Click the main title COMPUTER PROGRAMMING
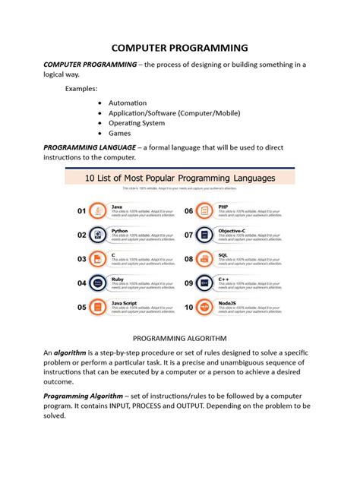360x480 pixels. [179, 48]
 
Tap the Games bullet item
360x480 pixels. [120, 133]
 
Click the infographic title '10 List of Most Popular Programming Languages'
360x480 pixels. [179, 178]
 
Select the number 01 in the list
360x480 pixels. [81, 211]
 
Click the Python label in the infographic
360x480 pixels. [120, 230]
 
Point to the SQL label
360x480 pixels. [223, 254]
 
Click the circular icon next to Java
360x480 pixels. [96, 211]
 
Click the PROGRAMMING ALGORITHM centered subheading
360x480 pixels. [179, 338]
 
